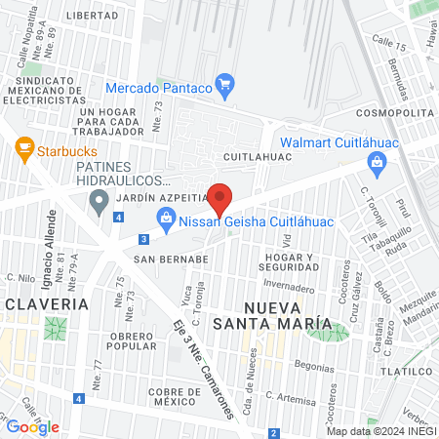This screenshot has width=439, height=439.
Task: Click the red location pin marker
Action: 220,198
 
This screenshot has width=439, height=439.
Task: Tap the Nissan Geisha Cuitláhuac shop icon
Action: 166,220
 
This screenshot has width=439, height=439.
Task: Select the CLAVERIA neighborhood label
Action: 46,304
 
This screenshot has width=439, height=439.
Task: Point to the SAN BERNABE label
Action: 172,259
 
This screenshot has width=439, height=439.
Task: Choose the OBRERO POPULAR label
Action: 133,340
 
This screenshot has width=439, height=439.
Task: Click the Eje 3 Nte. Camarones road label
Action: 206,367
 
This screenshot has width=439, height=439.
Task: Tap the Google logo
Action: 32,426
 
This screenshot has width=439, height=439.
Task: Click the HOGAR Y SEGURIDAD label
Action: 288,261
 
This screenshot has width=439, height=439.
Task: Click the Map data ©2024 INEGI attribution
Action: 380,430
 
